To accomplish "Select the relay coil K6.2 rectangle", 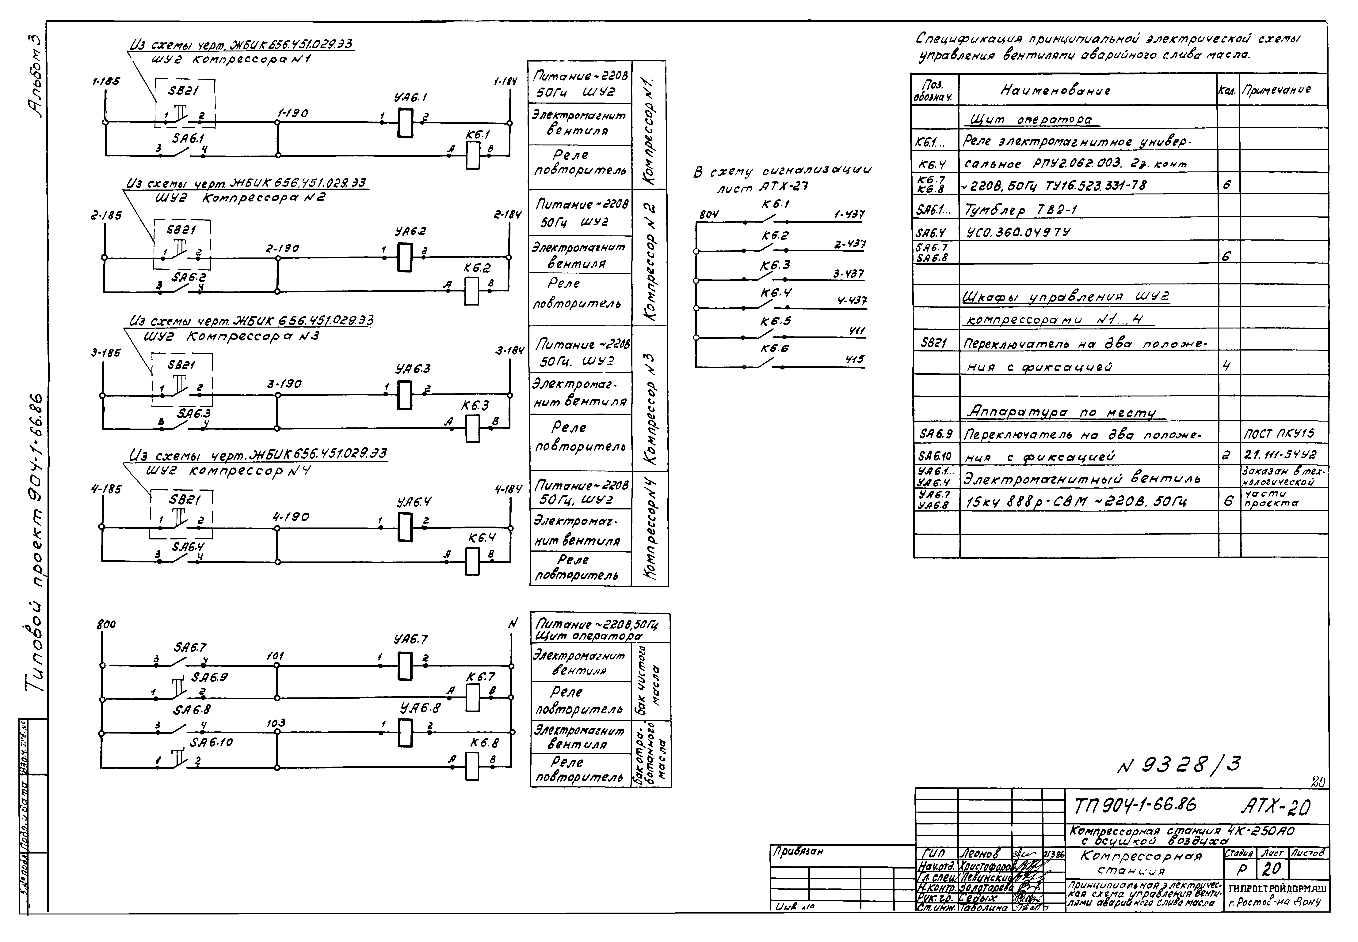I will click(471, 291).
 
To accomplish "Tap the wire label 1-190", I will click(293, 113).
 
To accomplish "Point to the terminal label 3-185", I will click(106, 352).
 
